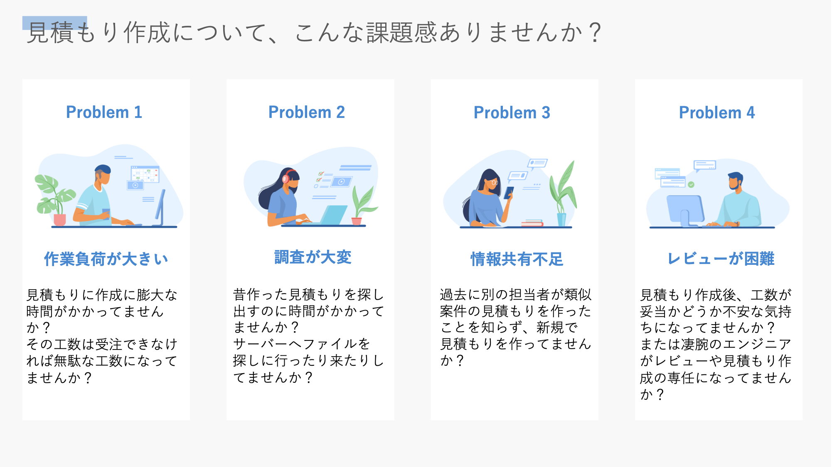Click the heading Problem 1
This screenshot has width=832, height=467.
tap(104, 112)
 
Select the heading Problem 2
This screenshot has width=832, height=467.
tap(307, 112)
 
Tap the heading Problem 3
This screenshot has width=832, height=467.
tap(512, 112)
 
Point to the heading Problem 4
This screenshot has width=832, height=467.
tap(717, 112)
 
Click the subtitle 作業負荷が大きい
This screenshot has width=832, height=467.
tap(106, 259)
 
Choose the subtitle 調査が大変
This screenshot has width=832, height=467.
tap(313, 257)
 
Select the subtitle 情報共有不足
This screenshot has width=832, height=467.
tap(517, 259)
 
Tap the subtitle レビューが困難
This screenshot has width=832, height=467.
tap(721, 259)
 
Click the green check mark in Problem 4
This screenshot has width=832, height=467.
tap(691, 184)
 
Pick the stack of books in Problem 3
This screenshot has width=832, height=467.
tap(532, 223)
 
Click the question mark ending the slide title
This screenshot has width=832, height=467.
tap(595, 32)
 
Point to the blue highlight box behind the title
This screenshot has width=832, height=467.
tap(54, 23)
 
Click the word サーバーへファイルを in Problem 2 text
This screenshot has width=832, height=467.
tap(302, 344)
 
